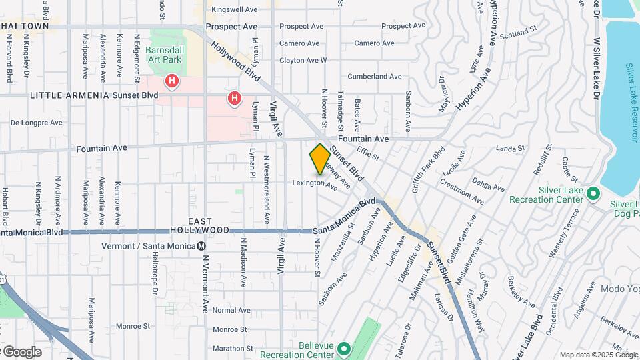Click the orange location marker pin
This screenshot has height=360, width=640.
pyautogui.click(x=320, y=159)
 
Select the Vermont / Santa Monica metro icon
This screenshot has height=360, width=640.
pyautogui.click(x=201, y=246)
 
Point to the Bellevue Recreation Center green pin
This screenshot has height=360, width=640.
pyautogui.click(x=343, y=348)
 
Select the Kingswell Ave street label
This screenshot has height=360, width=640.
pyautogui.click(x=234, y=10)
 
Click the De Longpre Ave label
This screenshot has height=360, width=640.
pyautogui.click(x=37, y=123)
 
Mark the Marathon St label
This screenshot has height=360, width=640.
pyautogui.click(x=231, y=348)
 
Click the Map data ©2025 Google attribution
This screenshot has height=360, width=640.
pyautogui.click(x=597, y=355)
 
